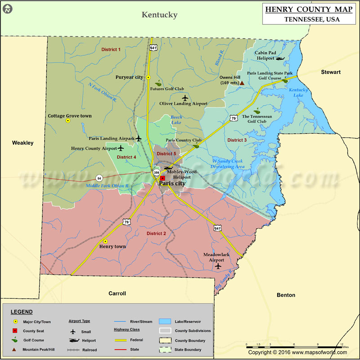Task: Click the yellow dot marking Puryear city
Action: (x=148, y=77)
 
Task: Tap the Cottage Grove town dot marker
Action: (x=68, y=121)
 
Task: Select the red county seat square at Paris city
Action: (x=162, y=178)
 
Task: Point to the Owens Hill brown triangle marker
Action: (x=242, y=83)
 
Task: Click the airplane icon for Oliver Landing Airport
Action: (x=184, y=98)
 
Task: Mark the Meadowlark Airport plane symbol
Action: (x=218, y=266)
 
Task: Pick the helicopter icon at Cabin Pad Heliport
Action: (x=280, y=58)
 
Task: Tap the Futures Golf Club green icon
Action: (x=158, y=83)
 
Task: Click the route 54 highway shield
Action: (x=99, y=178)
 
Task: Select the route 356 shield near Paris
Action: (x=156, y=172)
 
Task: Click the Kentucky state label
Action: (x=160, y=15)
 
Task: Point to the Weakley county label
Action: (x=22, y=143)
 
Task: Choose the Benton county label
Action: (x=286, y=295)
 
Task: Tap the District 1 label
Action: (x=111, y=49)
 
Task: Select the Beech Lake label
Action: (x=176, y=120)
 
